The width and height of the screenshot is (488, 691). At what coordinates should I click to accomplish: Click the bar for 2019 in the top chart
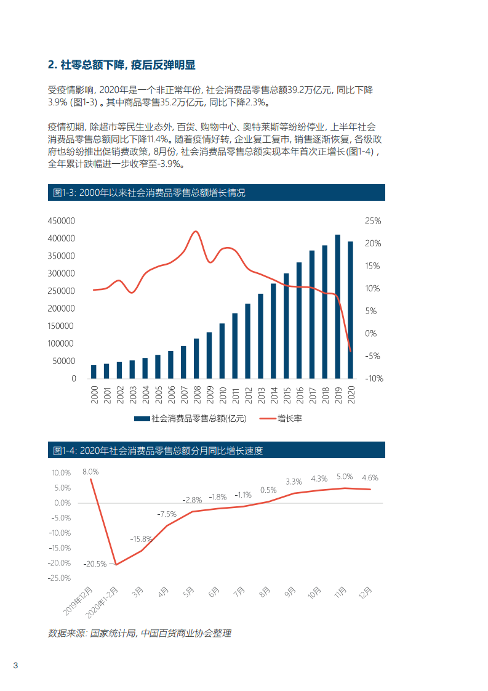[x=337, y=307]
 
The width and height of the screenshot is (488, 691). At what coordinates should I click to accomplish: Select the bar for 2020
[x=350, y=310]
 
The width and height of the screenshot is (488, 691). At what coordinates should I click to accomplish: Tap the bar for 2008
[x=196, y=358]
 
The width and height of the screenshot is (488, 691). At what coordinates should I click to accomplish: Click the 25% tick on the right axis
[x=373, y=221]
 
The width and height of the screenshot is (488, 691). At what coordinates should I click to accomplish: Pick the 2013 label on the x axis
[x=260, y=395]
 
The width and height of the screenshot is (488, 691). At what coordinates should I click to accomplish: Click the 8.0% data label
[x=90, y=472]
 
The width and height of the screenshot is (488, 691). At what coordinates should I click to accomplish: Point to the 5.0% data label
[x=345, y=477]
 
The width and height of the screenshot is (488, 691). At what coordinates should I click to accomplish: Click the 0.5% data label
[x=268, y=490]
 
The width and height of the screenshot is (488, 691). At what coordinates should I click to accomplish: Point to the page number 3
[x=16, y=666]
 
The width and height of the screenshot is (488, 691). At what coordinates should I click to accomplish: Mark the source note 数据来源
[x=140, y=633]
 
